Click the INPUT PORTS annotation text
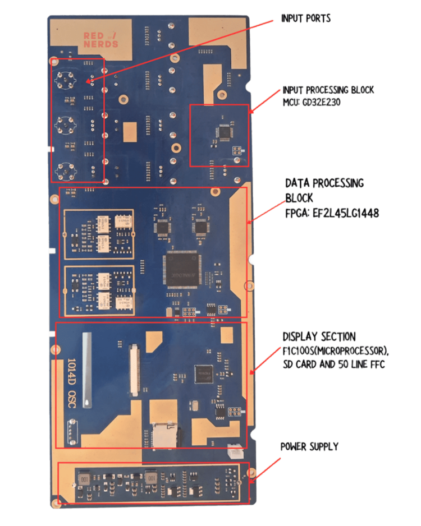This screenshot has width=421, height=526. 306,19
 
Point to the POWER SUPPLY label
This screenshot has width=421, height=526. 309,447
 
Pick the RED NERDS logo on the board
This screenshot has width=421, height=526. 101,39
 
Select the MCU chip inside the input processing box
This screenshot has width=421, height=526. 225,132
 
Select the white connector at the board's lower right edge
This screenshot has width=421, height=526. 233,451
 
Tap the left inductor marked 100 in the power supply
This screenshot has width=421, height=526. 84,478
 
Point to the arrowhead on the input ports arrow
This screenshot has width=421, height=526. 88,82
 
